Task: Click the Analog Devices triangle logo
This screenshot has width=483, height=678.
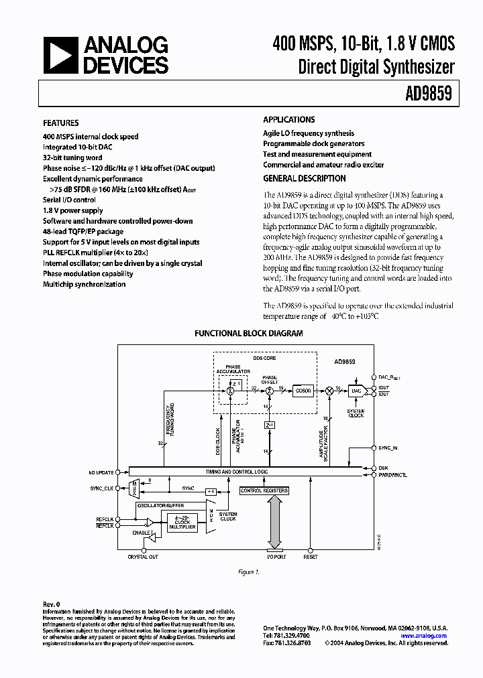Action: [x=60, y=56]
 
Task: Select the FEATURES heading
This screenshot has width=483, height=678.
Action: [x=60, y=123]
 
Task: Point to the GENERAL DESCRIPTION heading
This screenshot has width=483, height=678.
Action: [x=305, y=179]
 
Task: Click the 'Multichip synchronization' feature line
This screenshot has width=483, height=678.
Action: [x=84, y=284]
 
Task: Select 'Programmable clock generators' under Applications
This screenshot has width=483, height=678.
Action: [x=313, y=144]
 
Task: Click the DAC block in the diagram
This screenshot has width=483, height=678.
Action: [x=356, y=390]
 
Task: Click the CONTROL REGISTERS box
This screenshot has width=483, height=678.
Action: [x=264, y=490]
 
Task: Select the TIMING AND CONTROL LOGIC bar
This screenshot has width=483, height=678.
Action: [x=245, y=472]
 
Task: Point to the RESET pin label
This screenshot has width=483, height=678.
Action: [x=310, y=557]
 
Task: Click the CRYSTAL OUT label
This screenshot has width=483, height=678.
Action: [x=143, y=557]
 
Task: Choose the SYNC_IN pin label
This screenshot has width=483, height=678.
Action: [x=388, y=447]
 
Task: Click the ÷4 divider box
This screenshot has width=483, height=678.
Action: [x=209, y=491]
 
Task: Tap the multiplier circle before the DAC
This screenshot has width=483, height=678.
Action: [x=329, y=389]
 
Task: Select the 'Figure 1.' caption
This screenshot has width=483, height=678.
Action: [x=248, y=572]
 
